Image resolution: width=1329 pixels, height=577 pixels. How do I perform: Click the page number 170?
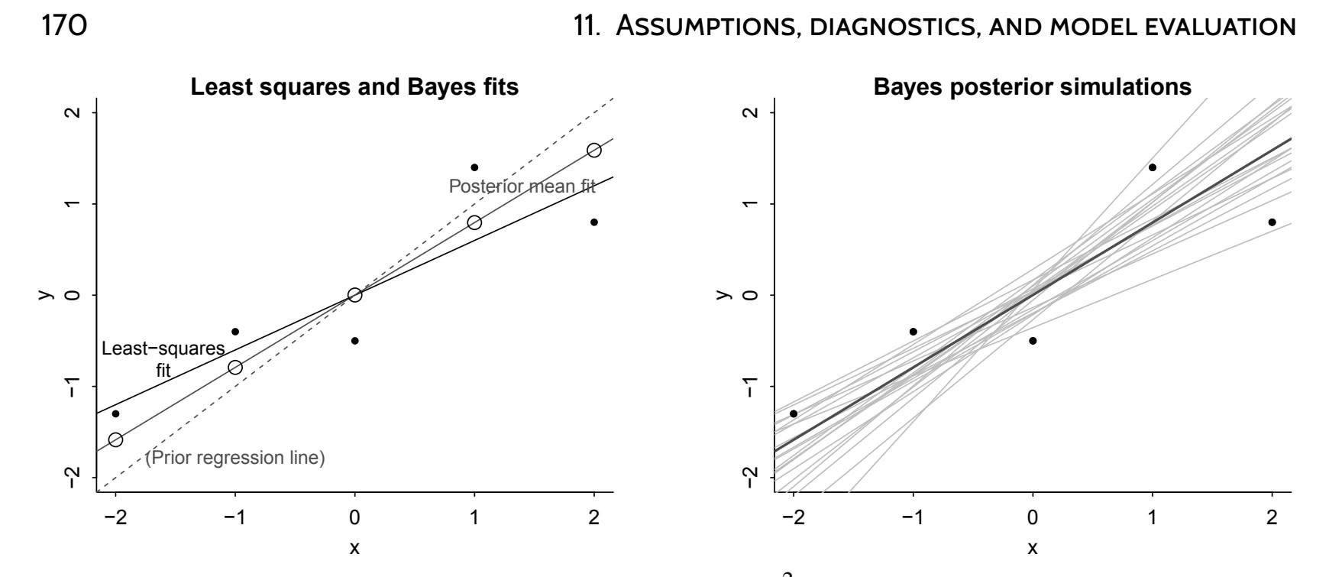pos(62,25)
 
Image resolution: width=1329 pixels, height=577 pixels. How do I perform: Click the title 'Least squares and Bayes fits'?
pos(354,87)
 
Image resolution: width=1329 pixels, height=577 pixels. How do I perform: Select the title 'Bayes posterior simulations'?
pos(1032,87)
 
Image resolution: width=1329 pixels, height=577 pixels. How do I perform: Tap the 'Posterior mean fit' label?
pos(522,186)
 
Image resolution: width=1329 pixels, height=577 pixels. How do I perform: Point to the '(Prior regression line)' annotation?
pos(235,458)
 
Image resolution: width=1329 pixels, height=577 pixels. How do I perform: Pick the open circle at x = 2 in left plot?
pos(593,150)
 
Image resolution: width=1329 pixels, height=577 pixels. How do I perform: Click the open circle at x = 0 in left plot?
pos(354,295)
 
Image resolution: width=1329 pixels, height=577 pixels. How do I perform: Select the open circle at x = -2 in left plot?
pos(115,439)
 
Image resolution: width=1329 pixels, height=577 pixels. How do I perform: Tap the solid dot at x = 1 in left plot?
pos(474,167)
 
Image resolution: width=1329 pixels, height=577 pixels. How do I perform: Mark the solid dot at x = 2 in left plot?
pos(593,222)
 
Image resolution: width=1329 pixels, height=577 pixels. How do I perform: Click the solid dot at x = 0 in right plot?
pos(1033,341)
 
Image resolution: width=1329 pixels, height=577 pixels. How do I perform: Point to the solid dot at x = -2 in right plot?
pos(794,413)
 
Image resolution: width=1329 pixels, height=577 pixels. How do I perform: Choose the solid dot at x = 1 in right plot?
pos(1152,167)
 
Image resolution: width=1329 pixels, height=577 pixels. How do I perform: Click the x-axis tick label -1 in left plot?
pos(235,518)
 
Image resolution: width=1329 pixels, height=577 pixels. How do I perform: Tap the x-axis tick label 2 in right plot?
pos(1272,518)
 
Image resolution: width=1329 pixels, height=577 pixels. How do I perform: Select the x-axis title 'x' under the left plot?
pos(354,548)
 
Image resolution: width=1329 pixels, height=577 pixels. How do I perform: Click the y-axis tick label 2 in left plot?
pos(73,113)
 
